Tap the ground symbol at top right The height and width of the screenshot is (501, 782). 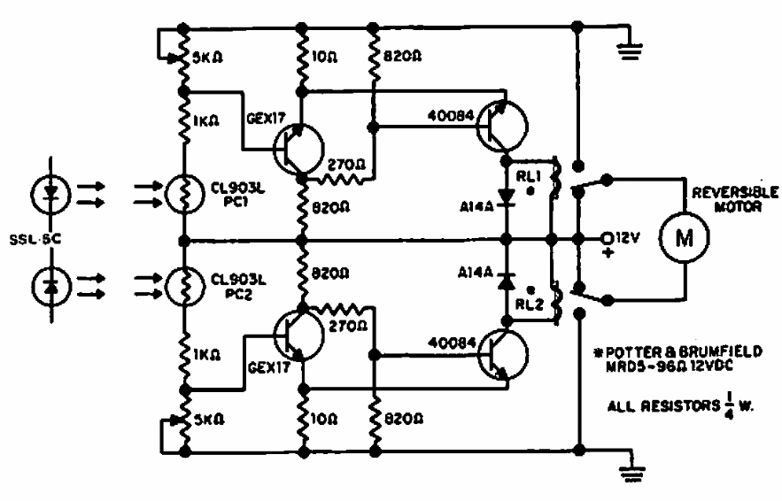click(x=630, y=50)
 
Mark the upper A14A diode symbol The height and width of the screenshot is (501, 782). click(x=506, y=197)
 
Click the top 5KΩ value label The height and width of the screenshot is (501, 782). click(x=211, y=63)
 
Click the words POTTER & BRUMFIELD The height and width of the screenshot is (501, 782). click(x=676, y=351)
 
